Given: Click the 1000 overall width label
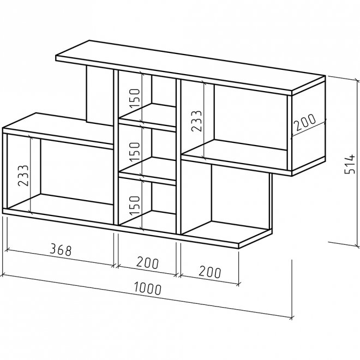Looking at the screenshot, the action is point(148,289).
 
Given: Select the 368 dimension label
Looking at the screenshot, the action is point(61,250).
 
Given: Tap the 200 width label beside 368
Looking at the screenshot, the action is point(148,263).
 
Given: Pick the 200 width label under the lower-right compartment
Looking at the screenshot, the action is point(210,272).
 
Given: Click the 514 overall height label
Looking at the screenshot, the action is point(350,164).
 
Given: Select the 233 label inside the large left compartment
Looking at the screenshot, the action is point(23,176).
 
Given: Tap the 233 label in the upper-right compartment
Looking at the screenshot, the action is point(196,121).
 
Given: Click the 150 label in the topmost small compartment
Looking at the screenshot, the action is point(135,98).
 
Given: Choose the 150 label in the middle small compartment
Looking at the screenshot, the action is point(135,152).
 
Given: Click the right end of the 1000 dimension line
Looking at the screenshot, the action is point(292,319).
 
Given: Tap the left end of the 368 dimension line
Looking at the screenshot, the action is point(7,249).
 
